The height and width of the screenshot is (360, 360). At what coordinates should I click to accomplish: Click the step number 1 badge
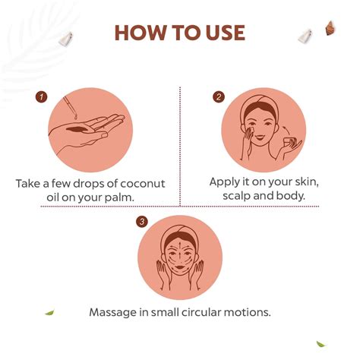pos(42,96)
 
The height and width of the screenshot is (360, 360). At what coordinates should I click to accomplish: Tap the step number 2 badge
pos(219,97)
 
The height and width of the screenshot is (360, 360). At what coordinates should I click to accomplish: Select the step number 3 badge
pos(142,222)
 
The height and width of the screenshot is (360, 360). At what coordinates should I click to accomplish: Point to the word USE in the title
pos(225,33)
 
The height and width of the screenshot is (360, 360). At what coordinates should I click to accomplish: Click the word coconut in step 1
pos(143,184)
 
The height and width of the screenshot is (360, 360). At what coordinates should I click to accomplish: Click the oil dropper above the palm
pos(70,107)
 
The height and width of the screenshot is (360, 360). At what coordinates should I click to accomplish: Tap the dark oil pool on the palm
pos(77,129)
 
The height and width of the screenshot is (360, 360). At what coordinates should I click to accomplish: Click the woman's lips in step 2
pos(259,137)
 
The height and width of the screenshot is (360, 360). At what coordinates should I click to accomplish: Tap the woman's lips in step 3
pos(179,267)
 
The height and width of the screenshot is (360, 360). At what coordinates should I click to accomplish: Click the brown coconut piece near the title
pos(330,28)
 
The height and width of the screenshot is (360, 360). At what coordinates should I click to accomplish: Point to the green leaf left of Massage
pos(49,313)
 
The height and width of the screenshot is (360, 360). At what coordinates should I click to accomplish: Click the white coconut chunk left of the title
pos(65,39)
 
